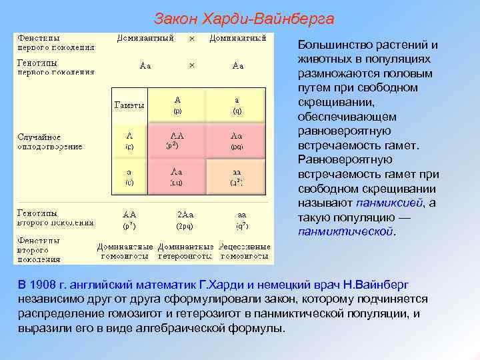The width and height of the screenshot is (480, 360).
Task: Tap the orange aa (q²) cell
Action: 237,176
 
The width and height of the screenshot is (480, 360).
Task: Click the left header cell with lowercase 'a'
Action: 129,176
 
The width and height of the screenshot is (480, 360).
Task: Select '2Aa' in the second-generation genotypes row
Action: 185,215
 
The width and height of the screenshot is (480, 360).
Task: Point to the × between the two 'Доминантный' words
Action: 192,39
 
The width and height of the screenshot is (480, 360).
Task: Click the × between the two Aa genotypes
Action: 192,65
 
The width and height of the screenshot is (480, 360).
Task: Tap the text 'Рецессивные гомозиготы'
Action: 246,251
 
